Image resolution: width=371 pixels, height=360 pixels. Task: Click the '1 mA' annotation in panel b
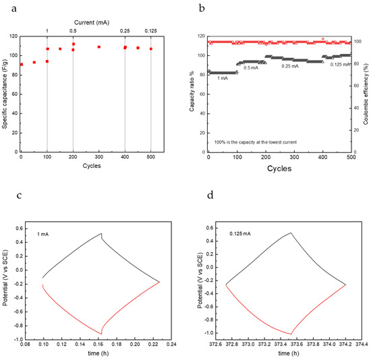pos(222,78)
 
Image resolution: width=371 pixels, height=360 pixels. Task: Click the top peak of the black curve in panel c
pos(101,234)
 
